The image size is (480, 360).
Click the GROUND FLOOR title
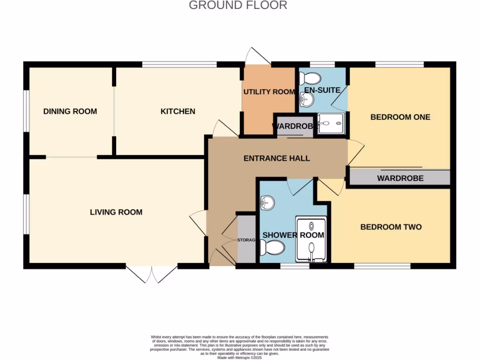[238, 6]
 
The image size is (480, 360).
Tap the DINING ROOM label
[70, 112]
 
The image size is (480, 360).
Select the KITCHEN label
[178, 112]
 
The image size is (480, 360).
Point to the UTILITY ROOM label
[269, 92]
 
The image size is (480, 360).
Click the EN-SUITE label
[322, 90]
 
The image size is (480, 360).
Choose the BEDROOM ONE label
[400, 117]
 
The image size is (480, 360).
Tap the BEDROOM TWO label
[391, 227]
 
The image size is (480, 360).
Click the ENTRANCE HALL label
[277, 158]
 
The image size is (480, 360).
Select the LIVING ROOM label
[116, 212]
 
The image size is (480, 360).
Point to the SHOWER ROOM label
[293, 235]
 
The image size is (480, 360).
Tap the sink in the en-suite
[307, 99]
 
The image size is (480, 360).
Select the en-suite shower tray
[332, 124]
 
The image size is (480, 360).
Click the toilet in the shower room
[273, 247]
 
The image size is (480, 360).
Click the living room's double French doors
[151, 275]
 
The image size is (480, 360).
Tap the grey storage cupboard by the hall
[247, 239]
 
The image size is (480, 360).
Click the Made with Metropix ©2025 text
[240, 357]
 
